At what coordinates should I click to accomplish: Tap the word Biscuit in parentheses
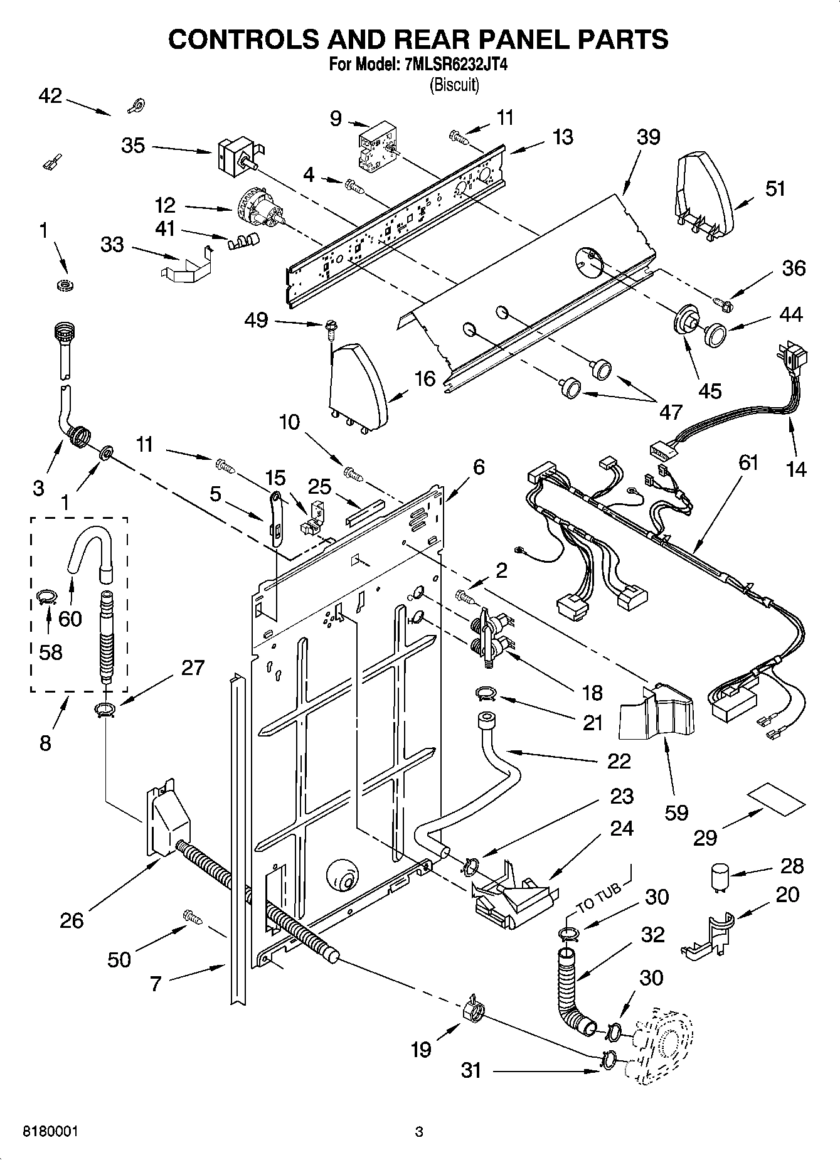[454, 85]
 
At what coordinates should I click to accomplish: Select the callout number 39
[648, 137]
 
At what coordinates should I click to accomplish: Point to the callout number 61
[748, 463]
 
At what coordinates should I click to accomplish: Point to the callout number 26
[72, 920]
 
